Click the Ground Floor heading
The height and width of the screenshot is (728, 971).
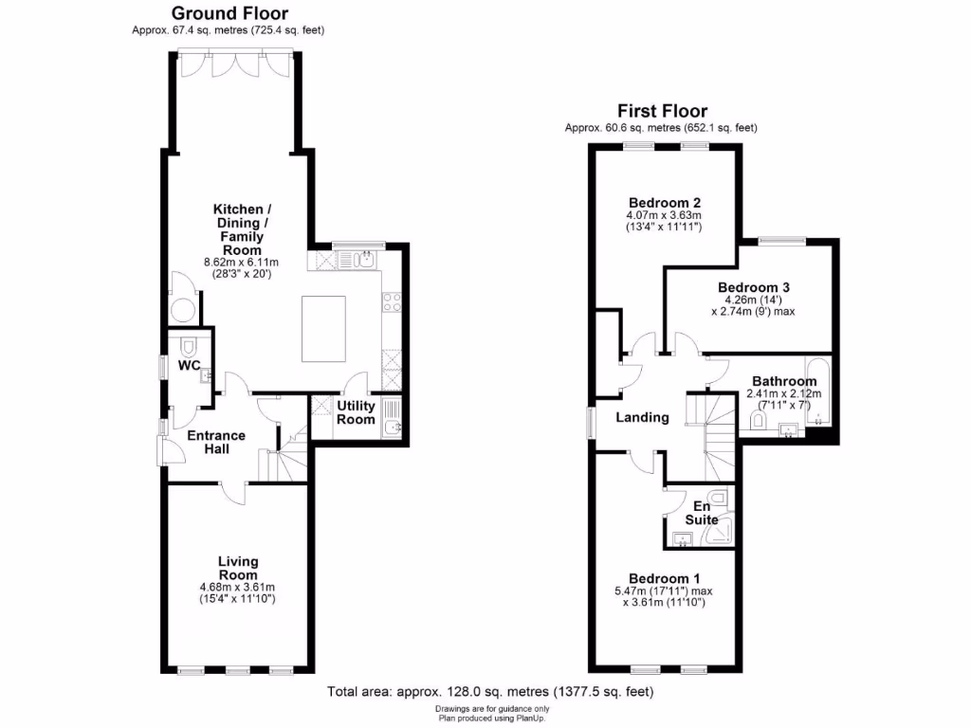pyautogui.click(x=229, y=13)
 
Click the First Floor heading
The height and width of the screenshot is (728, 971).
pyautogui.click(x=662, y=111)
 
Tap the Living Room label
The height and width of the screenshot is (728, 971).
pyautogui.click(x=237, y=568)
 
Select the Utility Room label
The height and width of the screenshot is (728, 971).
pyautogui.click(x=357, y=412)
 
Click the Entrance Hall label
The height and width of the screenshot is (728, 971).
pyautogui.click(x=215, y=442)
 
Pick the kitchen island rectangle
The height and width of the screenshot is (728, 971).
pyautogui.click(x=323, y=328)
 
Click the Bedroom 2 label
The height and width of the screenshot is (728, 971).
pyautogui.click(x=665, y=203)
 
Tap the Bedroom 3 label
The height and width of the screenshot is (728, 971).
pyautogui.click(x=754, y=287)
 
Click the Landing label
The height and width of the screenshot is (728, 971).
pyautogui.click(x=642, y=417)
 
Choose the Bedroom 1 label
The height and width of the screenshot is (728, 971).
pyautogui.click(x=665, y=578)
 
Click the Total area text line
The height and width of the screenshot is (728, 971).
pyautogui.click(x=490, y=692)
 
